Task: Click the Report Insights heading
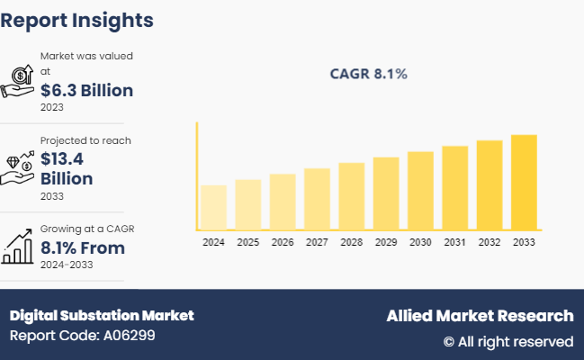click(77, 21)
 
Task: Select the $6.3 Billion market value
click(86, 90)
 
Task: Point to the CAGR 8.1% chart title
click(367, 74)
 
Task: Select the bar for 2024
click(213, 207)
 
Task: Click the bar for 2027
click(317, 198)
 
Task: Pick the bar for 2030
click(420, 190)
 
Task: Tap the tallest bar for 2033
click(524, 182)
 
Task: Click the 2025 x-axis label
click(247, 242)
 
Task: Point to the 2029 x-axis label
click(385, 242)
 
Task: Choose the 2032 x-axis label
click(489, 242)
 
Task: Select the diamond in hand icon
click(18, 166)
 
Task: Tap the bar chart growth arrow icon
click(18, 245)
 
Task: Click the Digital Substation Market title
click(102, 316)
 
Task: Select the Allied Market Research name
click(480, 316)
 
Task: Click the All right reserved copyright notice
click(508, 341)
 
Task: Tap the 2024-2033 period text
click(67, 265)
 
